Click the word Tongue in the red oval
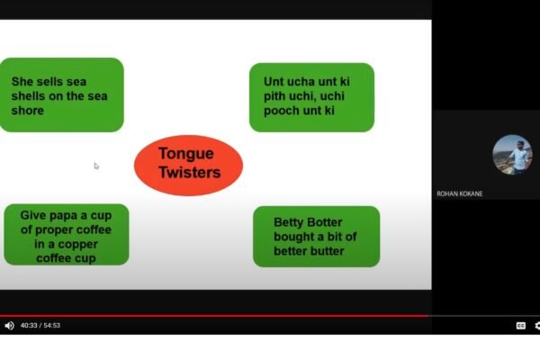click(x=186, y=154)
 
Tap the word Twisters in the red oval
click(x=189, y=172)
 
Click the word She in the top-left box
click(x=22, y=82)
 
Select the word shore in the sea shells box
click(x=28, y=111)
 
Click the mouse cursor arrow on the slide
click(x=96, y=166)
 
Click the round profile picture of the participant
click(x=512, y=155)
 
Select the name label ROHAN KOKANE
click(x=459, y=194)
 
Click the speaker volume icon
click(x=9, y=326)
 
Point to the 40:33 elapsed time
click(x=29, y=326)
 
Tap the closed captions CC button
click(x=521, y=326)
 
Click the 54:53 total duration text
click(x=51, y=326)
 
